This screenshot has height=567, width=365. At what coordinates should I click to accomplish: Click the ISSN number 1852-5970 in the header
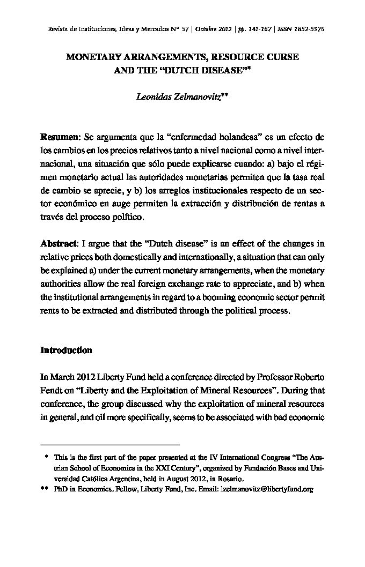(x=309, y=28)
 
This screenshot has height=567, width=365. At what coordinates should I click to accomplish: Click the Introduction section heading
(x=67, y=350)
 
